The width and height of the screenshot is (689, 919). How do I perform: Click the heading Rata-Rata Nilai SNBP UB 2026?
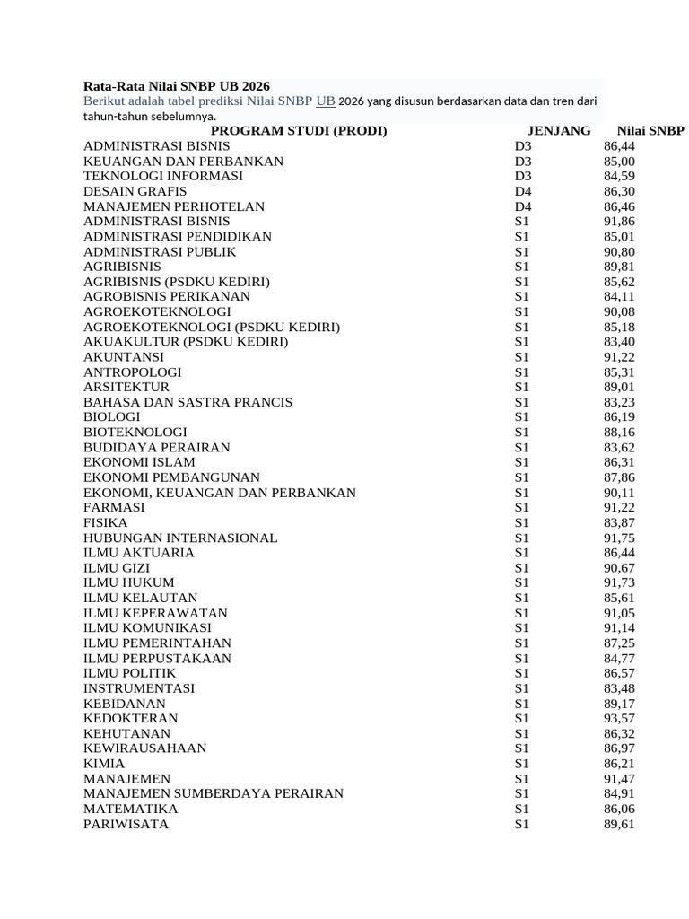tap(177, 86)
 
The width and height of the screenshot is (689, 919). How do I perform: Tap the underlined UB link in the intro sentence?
tap(326, 101)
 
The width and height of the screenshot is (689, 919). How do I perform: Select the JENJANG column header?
tap(558, 130)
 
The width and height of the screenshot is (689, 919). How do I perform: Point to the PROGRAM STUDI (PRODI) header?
tap(299, 130)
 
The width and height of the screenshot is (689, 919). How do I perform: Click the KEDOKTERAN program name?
tap(130, 718)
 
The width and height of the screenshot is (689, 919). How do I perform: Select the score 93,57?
tap(619, 718)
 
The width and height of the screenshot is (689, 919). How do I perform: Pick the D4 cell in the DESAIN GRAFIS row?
tap(523, 191)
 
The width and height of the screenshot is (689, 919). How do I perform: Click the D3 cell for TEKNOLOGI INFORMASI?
tap(523, 176)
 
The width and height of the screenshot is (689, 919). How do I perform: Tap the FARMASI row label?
tap(114, 507)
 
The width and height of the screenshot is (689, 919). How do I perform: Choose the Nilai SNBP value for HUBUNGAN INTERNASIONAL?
tap(619, 538)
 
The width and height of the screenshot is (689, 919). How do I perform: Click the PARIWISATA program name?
tap(126, 824)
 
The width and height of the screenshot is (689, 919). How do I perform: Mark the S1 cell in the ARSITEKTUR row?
tap(522, 387)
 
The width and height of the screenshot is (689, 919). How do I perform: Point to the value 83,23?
tap(619, 402)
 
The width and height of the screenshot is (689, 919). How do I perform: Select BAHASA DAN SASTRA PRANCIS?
tap(188, 402)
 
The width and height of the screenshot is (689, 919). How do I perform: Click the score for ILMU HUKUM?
tap(619, 582)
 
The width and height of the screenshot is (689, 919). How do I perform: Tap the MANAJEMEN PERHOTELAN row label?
tap(174, 206)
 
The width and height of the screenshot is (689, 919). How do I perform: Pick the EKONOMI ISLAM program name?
tap(139, 462)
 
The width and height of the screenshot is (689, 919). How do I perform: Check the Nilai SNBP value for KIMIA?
tap(619, 763)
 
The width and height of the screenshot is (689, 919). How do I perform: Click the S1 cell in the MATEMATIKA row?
tap(522, 809)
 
